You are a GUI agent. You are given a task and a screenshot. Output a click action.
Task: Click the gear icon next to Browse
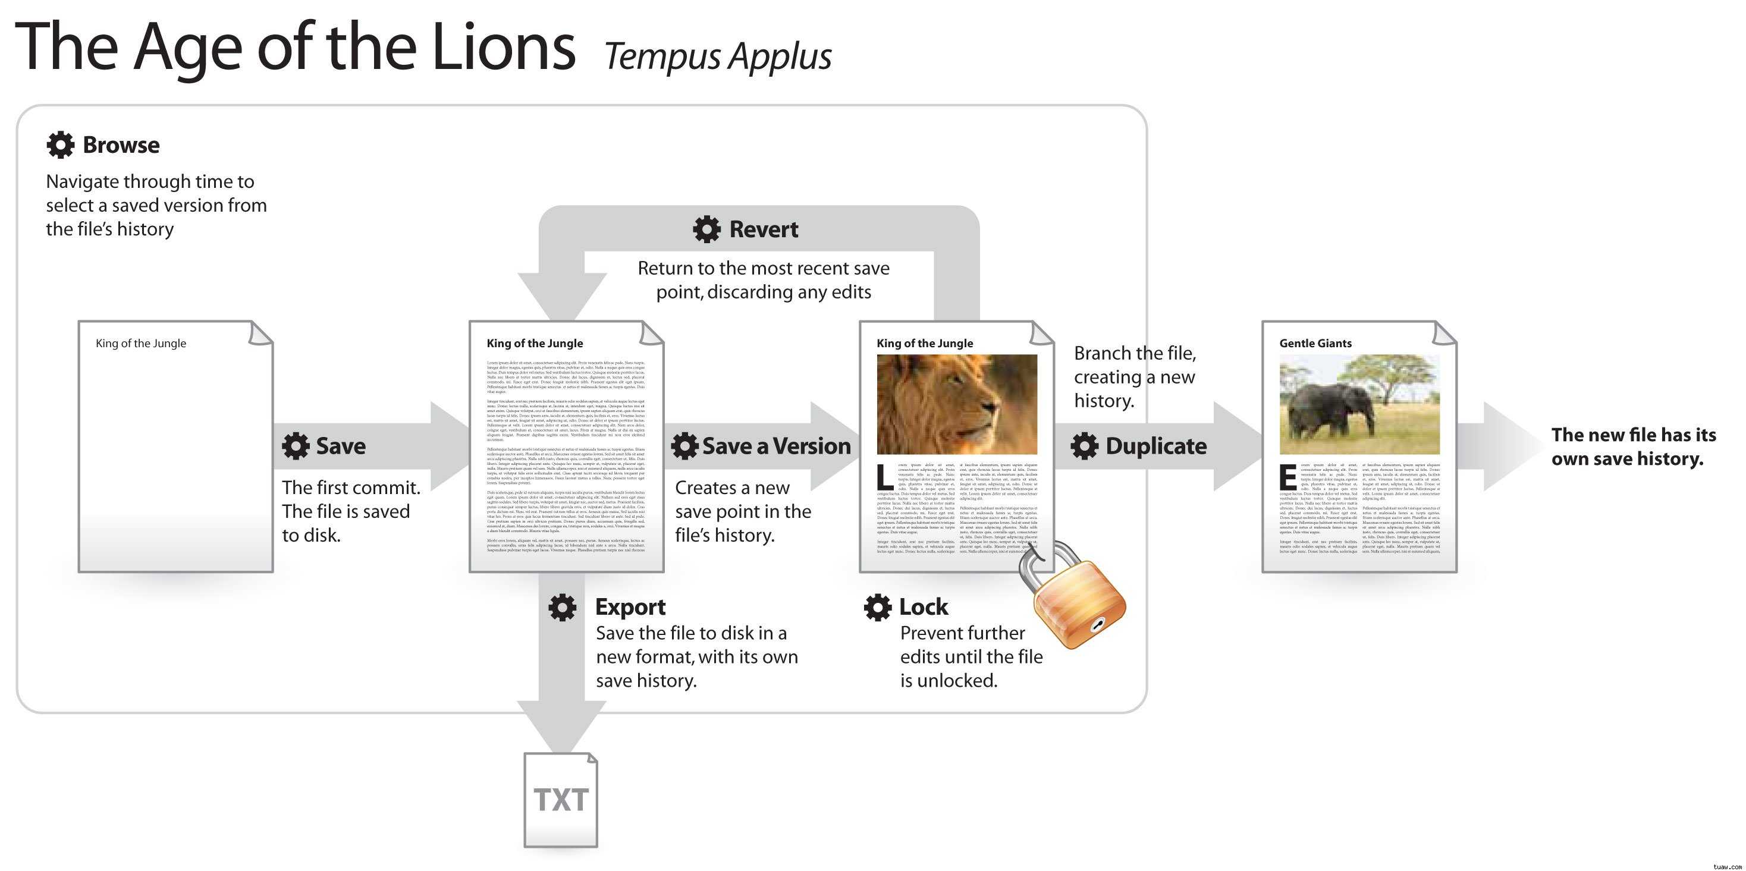point(60,145)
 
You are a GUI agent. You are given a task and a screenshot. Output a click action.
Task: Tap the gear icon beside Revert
point(706,229)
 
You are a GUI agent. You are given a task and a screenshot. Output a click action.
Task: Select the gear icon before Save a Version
point(684,446)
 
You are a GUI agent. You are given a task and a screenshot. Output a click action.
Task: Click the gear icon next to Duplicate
point(1085,446)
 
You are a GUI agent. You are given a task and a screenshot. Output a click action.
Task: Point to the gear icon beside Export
point(563,608)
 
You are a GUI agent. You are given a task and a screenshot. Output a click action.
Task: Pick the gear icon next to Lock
point(878,608)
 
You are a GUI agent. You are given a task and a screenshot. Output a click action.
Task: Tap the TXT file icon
point(561,800)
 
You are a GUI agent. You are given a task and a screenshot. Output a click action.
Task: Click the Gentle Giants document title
point(1315,344)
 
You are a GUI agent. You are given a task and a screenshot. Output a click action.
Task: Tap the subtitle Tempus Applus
point(718,56)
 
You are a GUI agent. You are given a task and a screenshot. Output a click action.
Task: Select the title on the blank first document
point(141,344)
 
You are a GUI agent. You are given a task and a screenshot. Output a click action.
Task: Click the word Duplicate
point(1155,446)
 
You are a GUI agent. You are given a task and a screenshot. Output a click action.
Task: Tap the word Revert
point(763,229)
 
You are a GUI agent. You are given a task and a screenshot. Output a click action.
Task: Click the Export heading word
point(630,608)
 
